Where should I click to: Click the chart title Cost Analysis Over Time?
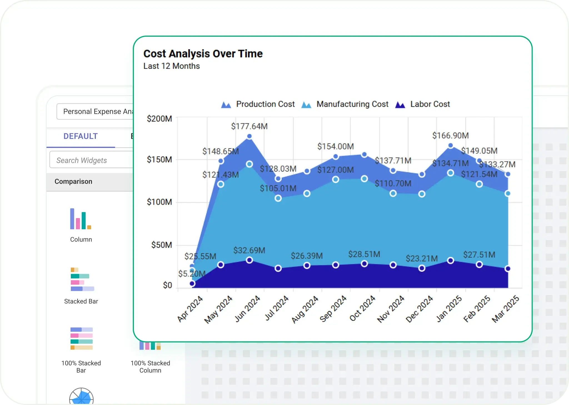(203, 54)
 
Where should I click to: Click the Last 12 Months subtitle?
(171, 66)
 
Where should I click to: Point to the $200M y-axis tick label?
(159, 119)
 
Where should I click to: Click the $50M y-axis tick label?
(161, 245)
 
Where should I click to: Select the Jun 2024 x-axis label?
(247, 309)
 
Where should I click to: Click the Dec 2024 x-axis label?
(419, 309)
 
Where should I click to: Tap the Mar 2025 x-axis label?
(505, 309)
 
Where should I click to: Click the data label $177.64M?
(249, 126)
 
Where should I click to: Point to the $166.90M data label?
(450, 136)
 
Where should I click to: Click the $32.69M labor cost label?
(249, 250)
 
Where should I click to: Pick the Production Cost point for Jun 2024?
(249, 136)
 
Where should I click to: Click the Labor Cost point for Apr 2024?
(192, 284)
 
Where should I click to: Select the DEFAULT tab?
(81, 136)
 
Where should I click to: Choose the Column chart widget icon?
(81, 219)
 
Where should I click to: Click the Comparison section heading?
(73, 182)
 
